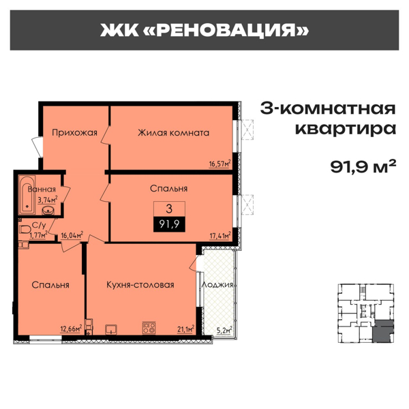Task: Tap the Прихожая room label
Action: [75, 132]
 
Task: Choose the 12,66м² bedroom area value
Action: [71, 328]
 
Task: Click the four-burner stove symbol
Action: [148, 327]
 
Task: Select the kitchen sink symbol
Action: [112, 328]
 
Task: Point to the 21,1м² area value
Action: [185, 328]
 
